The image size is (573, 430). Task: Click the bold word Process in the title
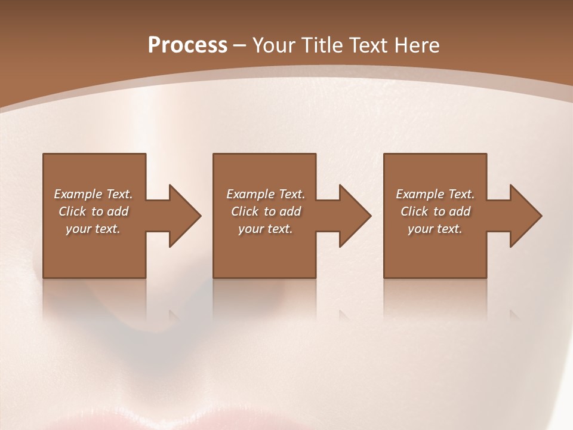coord(187,45)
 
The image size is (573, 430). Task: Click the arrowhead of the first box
coord(185,216)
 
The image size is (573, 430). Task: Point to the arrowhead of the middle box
coord(355,216)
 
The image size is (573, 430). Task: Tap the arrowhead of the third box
coord(526,216)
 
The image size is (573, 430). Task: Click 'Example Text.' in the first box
coord(93,194)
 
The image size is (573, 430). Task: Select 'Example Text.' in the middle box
coord(266,194)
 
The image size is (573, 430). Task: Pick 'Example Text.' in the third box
coord(435,194)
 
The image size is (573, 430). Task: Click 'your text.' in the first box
coord(93,229)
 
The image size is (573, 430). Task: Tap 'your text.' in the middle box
coord(266,229)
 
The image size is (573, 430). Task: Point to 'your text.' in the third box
coord(435,229)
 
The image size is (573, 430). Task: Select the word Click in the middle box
coord(245,211)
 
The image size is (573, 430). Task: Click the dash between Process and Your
coord(240,46)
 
